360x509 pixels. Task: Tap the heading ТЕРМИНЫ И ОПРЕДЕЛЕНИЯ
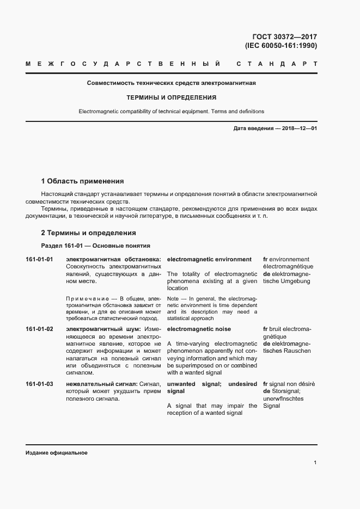pyautogui.click(x=172, y=98)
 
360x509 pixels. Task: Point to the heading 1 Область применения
pyautogui.click(x=83, y=181)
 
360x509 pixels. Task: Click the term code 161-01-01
pyautogui.click(x=39, y=260)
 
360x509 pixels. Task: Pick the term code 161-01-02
pyautogui.click(x=39, y=329)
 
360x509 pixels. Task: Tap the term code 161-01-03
pyautogui.click(x=39, y=384)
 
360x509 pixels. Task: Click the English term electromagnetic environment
pyautogui.click(x=209, y=260)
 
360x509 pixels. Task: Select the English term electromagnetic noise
pyautogui.click(x=199, y=329)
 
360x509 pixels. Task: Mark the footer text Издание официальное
pyautogui.click(x=57, y=453)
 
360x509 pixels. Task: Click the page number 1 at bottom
pyautogui.click(x=315, y=463)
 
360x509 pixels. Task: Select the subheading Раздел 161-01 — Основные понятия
pyautogui.click(x=95, y=246)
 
